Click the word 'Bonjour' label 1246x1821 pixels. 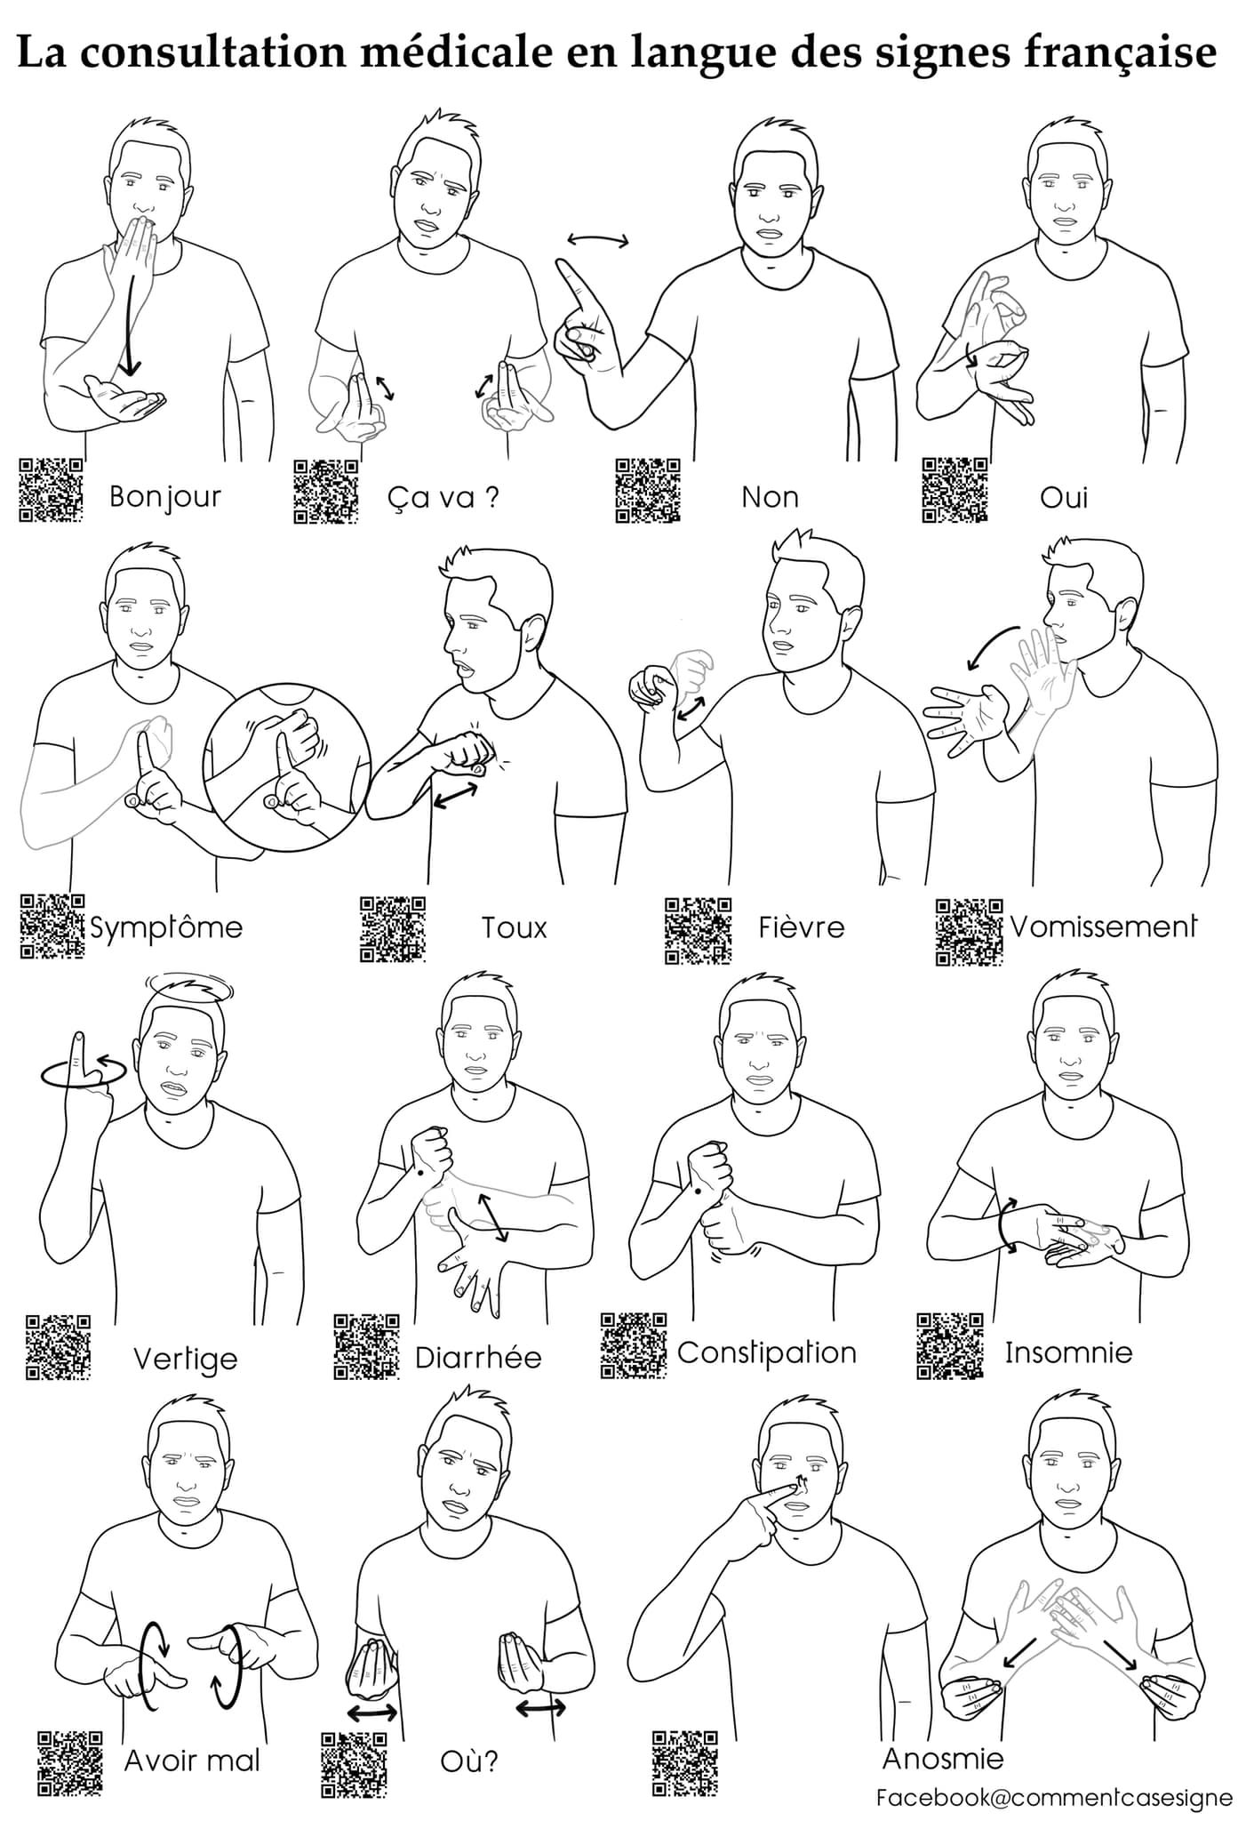click(x=164, y=497)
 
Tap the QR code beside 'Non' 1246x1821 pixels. click(x=648, y=490)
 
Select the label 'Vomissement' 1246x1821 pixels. click(x=1103, y=927)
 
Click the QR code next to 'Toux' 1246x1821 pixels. click(x=393, y=929)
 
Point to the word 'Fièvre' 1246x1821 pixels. click(x=801, y=927)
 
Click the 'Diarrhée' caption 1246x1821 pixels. click(x=478, y=1358)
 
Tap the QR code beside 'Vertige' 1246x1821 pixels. click(x=58, y=1347)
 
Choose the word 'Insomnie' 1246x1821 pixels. click(x=1068, y=1352)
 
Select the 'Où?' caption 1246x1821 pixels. click(x=469, y=1761)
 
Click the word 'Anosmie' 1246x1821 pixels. click(x=943, y=1758)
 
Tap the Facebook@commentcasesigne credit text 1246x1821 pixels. click(x=1055, y=1797)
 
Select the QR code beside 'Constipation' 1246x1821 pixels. click(x=634, y=1345)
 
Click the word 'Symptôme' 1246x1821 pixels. click(x=166, y=928)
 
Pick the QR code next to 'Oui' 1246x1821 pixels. click(x=954, y=490)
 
